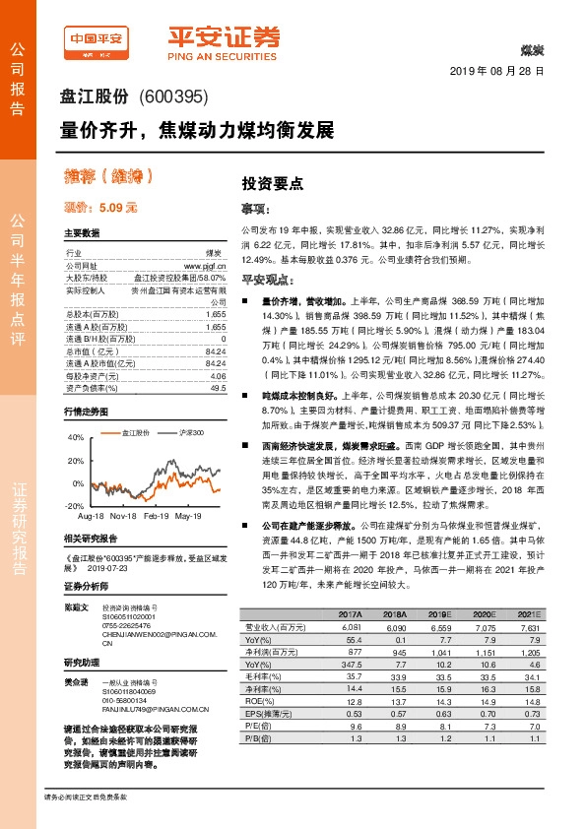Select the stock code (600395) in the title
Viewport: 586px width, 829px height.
point(172,96)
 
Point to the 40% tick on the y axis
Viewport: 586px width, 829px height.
point(77,437)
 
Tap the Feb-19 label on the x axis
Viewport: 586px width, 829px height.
point(157,516)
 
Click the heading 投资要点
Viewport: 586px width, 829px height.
point(272,183)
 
